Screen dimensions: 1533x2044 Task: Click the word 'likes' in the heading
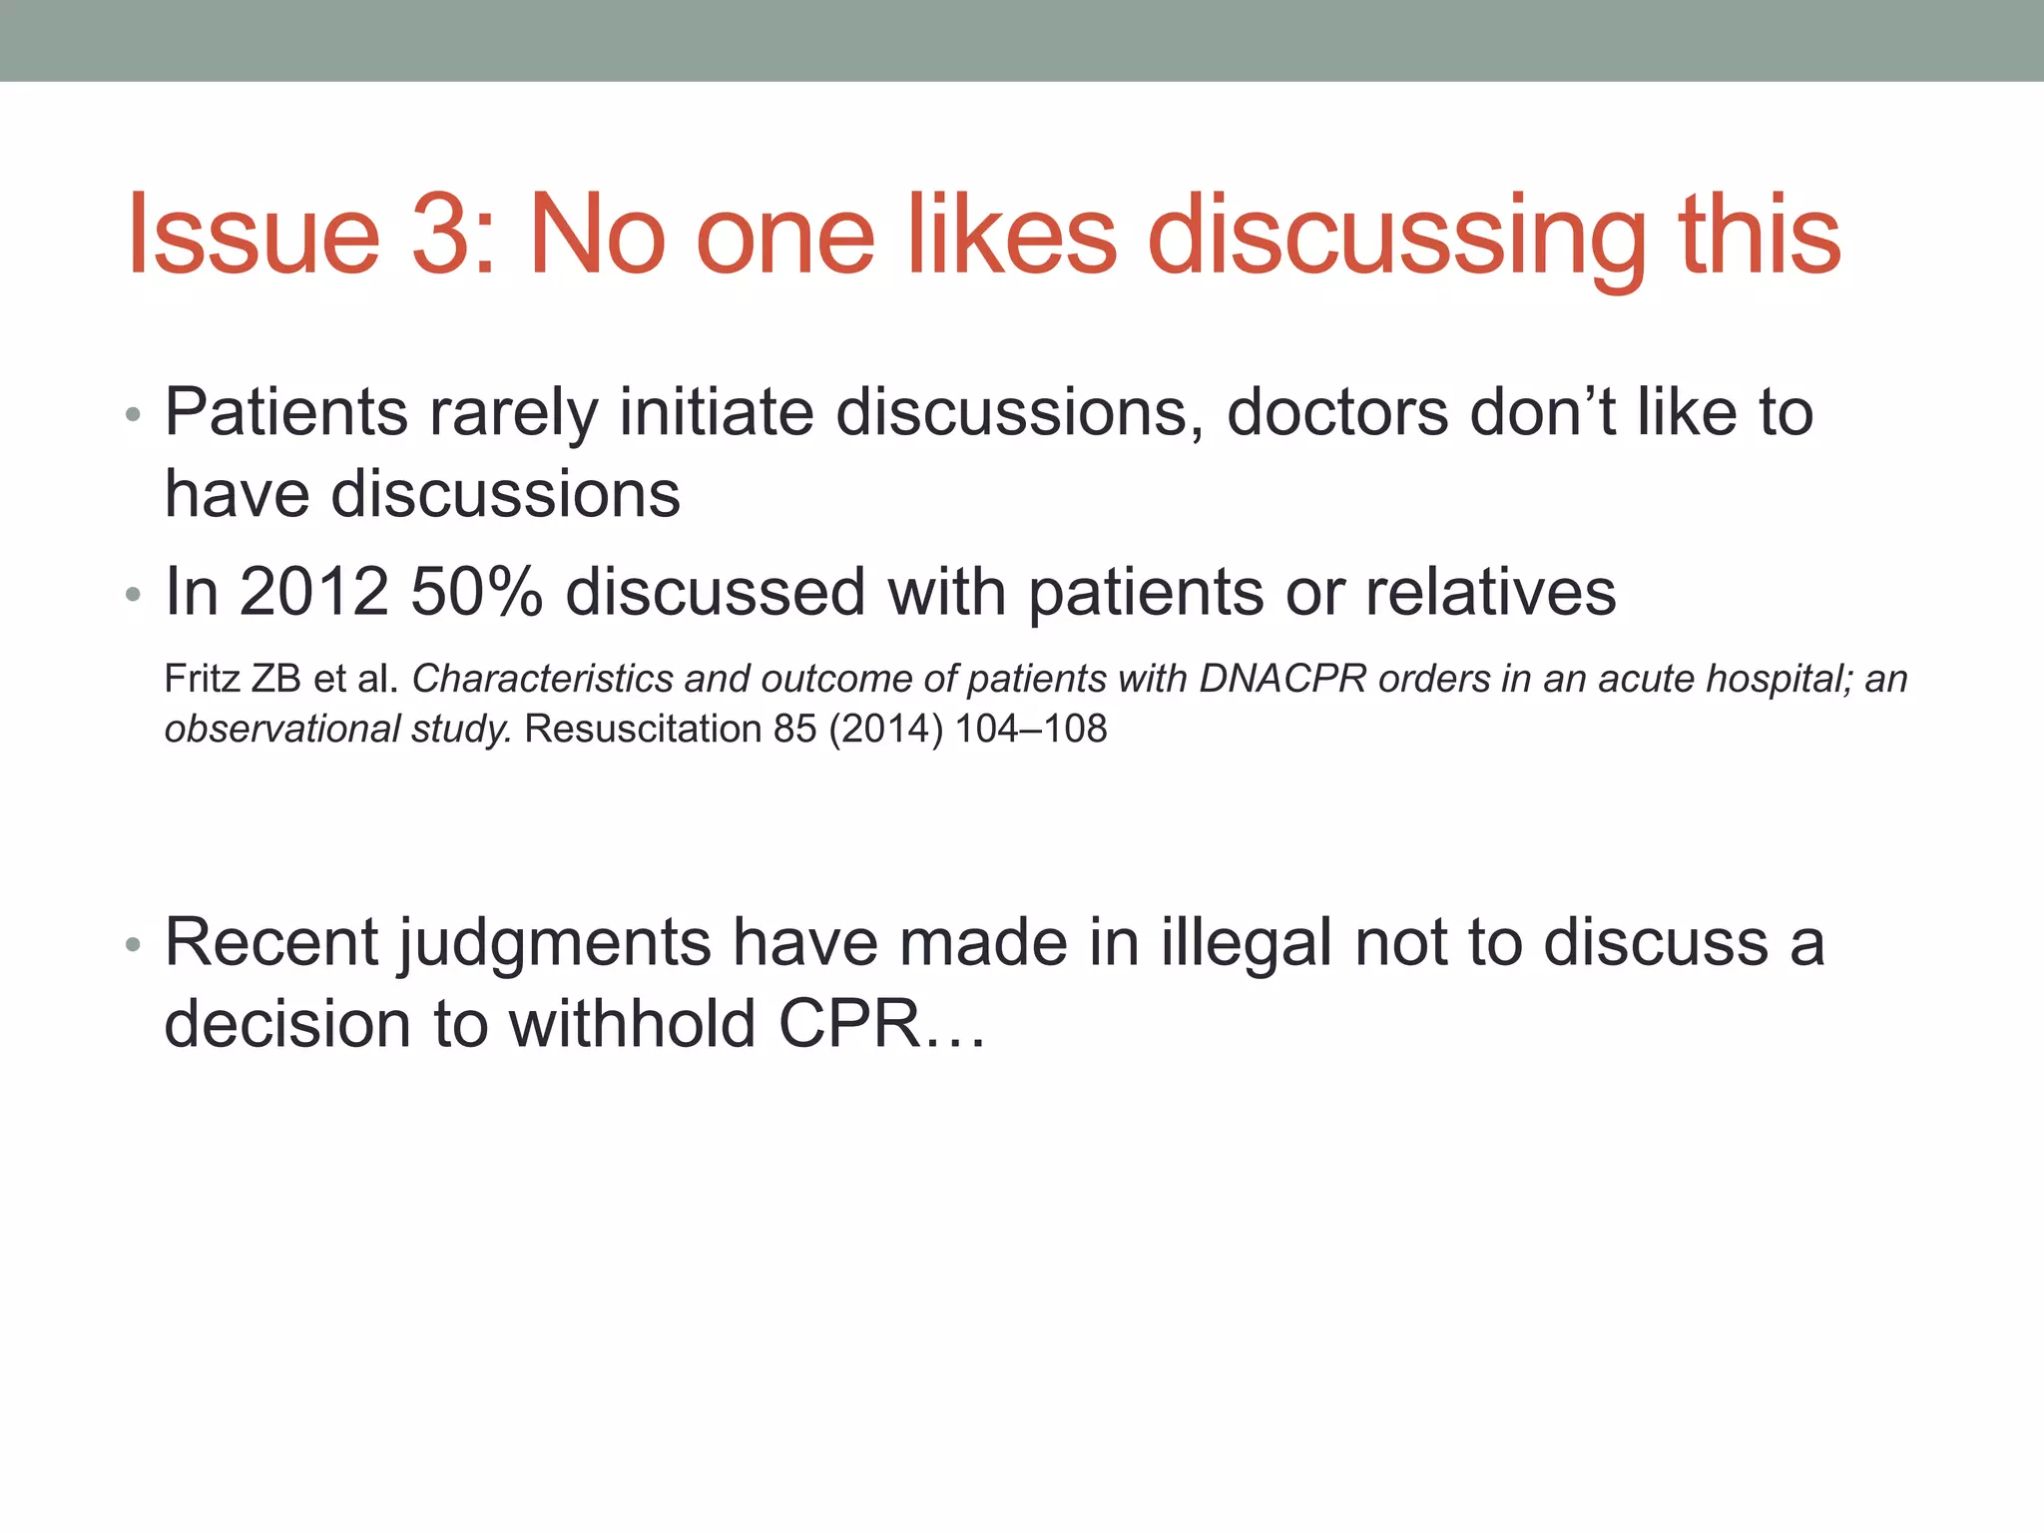(1011, 236)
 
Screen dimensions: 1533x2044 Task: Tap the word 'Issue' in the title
(254, 236)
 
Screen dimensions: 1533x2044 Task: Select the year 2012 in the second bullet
(313, 591)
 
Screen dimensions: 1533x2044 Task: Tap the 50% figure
(476, 591)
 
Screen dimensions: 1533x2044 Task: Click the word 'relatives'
(1490, 591)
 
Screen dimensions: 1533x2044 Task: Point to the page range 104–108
(1031, 729)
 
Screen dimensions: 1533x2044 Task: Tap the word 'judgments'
(554, 944)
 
